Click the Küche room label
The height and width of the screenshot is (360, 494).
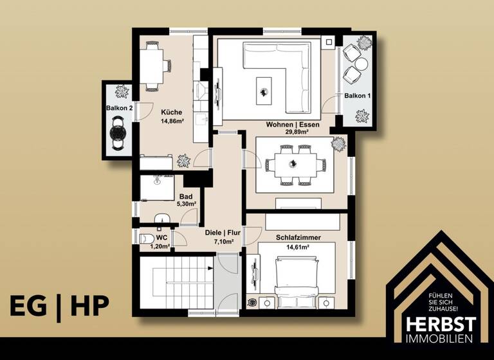click(171, 112)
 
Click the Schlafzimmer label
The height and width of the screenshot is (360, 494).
click(298, 237)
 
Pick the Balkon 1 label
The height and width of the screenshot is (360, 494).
click(358, 96)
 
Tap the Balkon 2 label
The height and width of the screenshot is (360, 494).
click(119, 109)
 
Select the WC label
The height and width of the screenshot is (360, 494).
click(161, 237)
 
